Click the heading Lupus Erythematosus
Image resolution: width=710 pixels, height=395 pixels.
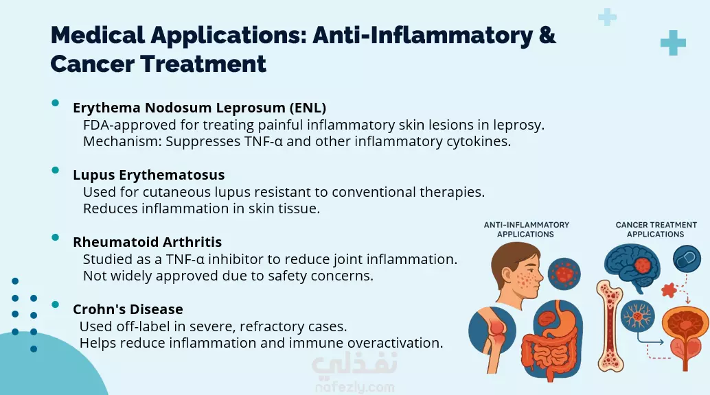pyautogui.click(x=148, y=175)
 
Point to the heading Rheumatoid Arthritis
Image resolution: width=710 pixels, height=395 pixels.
pyautogui.click(x=147, y=242)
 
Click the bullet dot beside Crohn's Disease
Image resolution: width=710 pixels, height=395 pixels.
pyautogui.click(x=55, y=304)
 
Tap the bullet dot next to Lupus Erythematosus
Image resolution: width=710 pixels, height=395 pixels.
pyautogui.click(x=55, y=170)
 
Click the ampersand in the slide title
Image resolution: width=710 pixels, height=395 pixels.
pyautogui.click(x=547, y=35)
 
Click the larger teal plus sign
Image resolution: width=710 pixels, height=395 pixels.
pyautogui.click(x=673, y=43)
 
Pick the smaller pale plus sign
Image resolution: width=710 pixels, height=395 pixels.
pyautogui.click(x=607, y=18)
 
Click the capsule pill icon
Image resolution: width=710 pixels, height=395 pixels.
pyautogui.click(x=687, y=259)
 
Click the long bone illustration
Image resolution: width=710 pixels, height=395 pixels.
pyautogui.click(x=610, y=325)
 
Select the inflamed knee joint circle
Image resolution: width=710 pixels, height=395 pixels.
pyautogui.click(x=492, y=330)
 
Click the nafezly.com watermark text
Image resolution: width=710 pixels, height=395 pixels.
pyautogui.click(x=354, y=387)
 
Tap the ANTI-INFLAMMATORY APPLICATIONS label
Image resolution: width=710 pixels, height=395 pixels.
pyautogui.click(x=526, y=230)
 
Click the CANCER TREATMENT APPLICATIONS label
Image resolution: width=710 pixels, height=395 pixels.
pyautogui.click(x=656, y=230)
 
